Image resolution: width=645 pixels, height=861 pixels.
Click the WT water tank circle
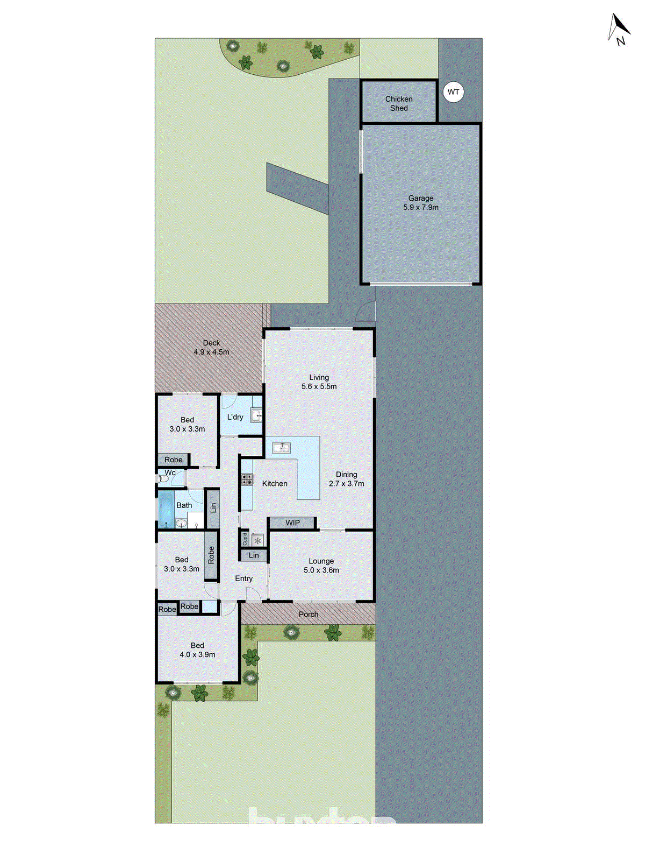coord(454,92)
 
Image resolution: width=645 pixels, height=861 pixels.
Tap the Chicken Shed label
coord(399,103)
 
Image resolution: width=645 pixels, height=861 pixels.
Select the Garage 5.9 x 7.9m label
coord(421,203)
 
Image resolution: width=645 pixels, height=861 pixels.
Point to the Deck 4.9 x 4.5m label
coord(211,348)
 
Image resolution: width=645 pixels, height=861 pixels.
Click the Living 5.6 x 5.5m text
coord(319,382)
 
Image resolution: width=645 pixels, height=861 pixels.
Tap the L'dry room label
coord(235,417)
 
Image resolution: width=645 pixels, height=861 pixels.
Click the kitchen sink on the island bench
coord(281,447)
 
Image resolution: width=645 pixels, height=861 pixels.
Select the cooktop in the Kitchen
coord(247,479)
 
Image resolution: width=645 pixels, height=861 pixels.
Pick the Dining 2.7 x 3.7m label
coord(346,479)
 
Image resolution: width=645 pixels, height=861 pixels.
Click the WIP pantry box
coord(292,523)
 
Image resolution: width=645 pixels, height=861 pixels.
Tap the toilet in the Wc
coord(163,478)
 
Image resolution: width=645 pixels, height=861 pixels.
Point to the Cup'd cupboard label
coord(245,539)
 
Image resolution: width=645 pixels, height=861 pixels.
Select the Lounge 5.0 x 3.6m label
coord(321,566)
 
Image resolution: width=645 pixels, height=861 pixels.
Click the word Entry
coord(243,578)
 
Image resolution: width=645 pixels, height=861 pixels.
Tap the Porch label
coord(308,614)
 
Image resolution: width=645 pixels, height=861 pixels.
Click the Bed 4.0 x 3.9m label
coord(197,650)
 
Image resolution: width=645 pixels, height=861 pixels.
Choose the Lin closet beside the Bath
coord(213,507)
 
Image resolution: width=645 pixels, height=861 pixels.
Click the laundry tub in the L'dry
coord(256,415)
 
